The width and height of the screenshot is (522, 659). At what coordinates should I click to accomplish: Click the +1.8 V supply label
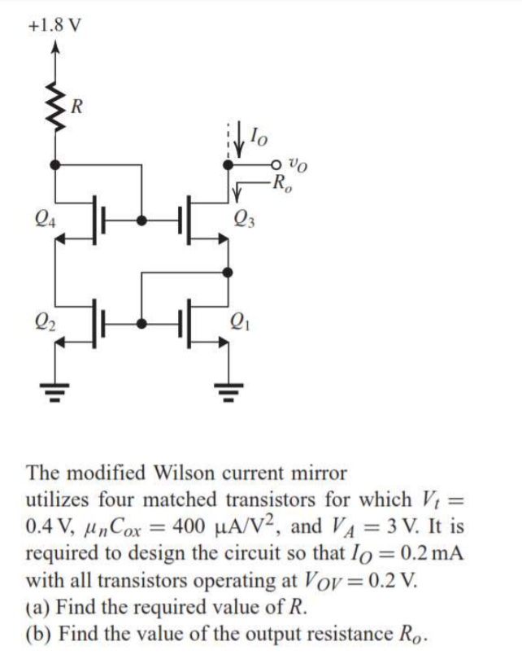point(53,23)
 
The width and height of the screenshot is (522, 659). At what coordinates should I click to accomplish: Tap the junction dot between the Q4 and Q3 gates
point(143,220)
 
